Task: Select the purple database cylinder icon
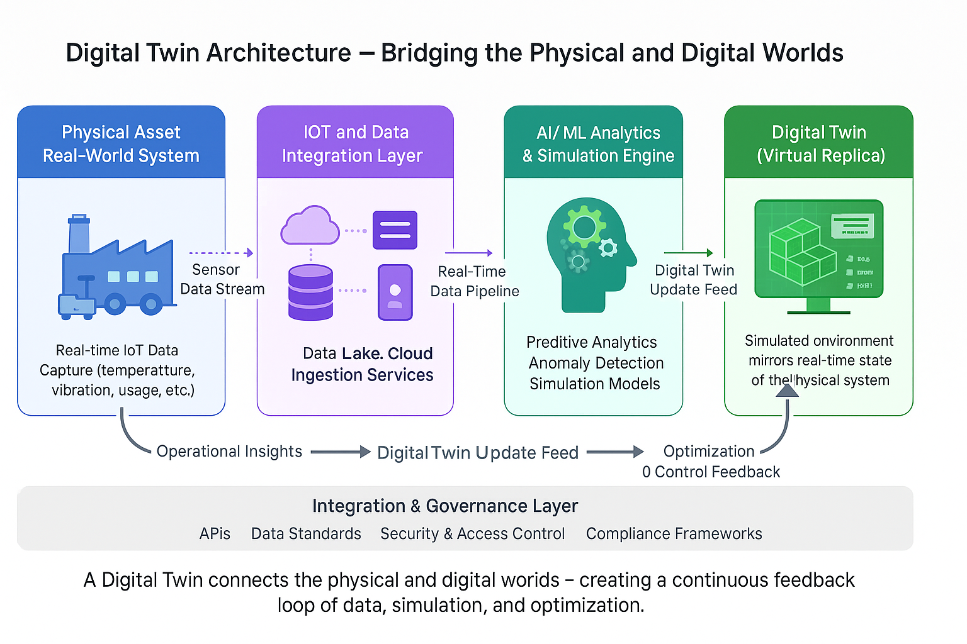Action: click(310, 292)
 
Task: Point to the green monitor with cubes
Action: click(818, 255)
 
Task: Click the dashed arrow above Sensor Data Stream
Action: click(221, 253)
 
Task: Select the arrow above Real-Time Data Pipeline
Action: click(468, 253)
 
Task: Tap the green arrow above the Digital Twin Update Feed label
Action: click(689, 253)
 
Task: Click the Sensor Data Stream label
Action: click(222, 279)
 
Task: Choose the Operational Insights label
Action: click(229, 452)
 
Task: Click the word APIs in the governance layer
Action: click(215, 534)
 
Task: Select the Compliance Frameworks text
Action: click(674, 534)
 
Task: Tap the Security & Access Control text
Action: click(472, 534)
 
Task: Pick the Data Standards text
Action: click(306, 534)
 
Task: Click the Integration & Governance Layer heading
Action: click(444, 506)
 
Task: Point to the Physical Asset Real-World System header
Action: click(121, 144)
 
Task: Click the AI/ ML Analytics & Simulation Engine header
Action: click(598, 144)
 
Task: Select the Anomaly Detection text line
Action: click(596, 364)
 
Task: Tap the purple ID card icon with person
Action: click(395, 292)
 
